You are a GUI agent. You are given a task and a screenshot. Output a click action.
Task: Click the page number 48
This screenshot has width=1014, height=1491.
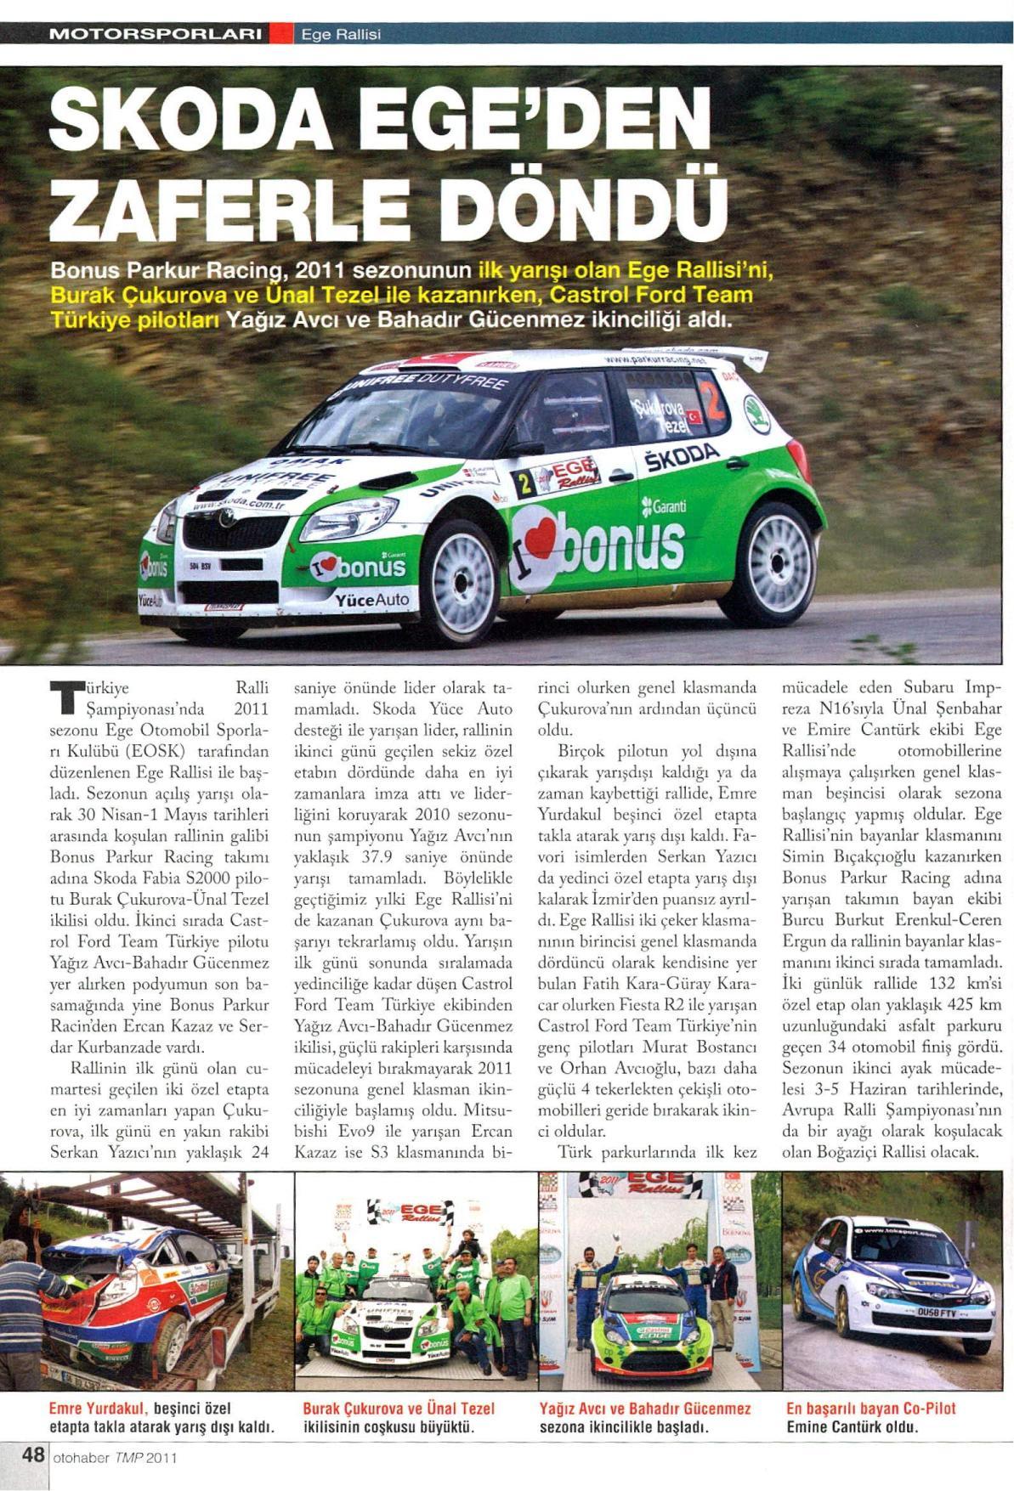click(33, 1455)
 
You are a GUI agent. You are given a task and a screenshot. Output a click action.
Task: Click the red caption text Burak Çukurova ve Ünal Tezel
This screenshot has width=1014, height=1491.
click(399, 1408)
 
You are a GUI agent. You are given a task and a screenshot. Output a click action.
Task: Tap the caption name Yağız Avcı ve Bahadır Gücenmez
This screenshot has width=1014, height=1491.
click(644, 1408)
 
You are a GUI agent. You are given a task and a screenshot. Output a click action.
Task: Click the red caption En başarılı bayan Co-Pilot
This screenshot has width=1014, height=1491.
click(871, 1408)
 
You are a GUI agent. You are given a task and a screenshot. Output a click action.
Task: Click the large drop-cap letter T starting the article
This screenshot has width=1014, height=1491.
click(64, 697)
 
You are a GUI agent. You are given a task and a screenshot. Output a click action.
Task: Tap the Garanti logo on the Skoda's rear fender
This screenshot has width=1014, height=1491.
click(665, 506)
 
